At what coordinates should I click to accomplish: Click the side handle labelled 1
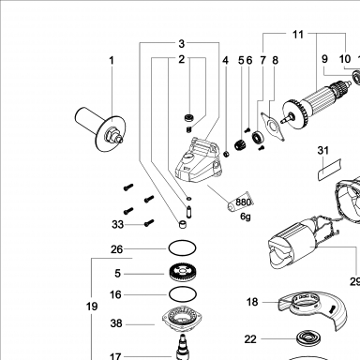[100, 127]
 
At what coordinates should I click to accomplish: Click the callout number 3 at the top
[182, 44]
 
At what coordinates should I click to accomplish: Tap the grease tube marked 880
[240, 202]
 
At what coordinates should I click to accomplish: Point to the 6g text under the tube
[246, 217]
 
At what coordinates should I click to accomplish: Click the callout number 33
[118, 224]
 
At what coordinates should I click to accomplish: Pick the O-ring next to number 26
[183, 248]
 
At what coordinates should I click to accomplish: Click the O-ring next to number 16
[183, 294]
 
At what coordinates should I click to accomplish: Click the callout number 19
[92, 307]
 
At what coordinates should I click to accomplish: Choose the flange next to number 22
[309, 338]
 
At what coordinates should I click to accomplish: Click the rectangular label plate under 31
[329, 170]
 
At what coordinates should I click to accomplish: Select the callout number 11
[298, 34]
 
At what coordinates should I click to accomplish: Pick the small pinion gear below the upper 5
[240, 144]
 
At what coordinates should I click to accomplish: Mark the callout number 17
[115, 355]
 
